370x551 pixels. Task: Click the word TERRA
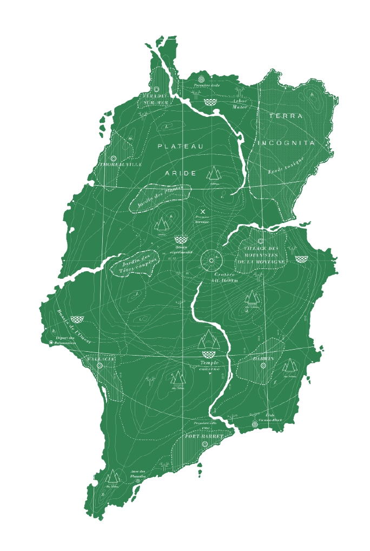286,116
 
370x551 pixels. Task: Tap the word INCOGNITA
286,143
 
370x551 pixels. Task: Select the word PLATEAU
181,146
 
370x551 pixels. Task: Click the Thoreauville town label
120,164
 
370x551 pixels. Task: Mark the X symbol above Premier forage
203,211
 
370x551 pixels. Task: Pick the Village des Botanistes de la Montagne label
261,254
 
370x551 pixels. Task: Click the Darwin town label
263,358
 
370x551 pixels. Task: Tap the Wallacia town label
100,359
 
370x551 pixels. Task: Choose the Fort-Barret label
204,436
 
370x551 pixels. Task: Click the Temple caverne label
210,366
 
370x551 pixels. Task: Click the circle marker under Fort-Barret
204,444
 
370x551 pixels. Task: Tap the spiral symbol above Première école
201,79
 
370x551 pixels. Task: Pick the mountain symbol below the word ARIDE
215,173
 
